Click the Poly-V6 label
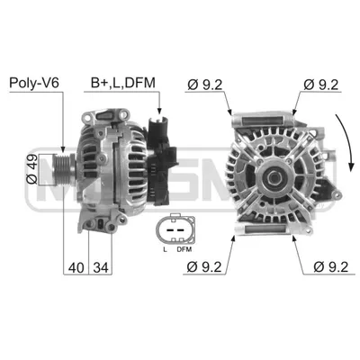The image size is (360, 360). (x=34, y=83)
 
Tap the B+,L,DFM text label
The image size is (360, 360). (x=123, y=83)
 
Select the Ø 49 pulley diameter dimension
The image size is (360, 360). (x=31, y=169)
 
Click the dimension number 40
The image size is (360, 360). (x=76, y=267)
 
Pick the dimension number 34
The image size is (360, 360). (x=101, y=267)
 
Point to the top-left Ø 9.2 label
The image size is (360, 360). (x=205, y=85)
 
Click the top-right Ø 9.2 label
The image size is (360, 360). (x=320, y=85)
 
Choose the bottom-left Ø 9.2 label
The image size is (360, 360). (x=204, y=266)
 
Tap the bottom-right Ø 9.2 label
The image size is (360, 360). (x=331, y=266)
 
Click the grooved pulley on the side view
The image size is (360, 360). (x=63, y=169)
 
